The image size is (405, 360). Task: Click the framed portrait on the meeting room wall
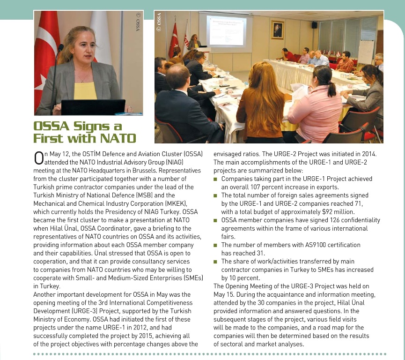pos(277,30)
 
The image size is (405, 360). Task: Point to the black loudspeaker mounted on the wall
pos(314,25)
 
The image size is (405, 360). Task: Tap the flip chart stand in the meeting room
pos(366,52)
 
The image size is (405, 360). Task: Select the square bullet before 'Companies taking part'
pos(215,179)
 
